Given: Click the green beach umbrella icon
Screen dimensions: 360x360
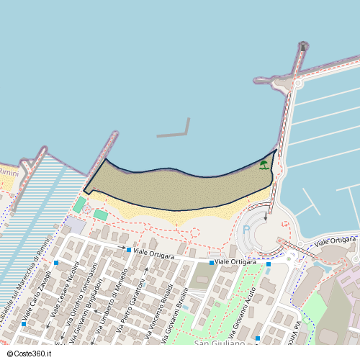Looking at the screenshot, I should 264,165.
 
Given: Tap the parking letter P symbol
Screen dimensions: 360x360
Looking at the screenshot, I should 247,230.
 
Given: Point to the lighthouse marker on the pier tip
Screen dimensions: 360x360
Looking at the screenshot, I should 303,47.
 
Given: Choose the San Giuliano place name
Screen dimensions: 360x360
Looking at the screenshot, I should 220,343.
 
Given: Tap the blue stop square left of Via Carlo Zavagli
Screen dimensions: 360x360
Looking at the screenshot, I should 24,324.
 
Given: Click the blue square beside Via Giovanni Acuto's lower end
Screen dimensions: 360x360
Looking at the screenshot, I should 258,338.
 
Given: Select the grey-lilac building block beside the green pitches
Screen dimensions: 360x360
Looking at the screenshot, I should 74,225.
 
